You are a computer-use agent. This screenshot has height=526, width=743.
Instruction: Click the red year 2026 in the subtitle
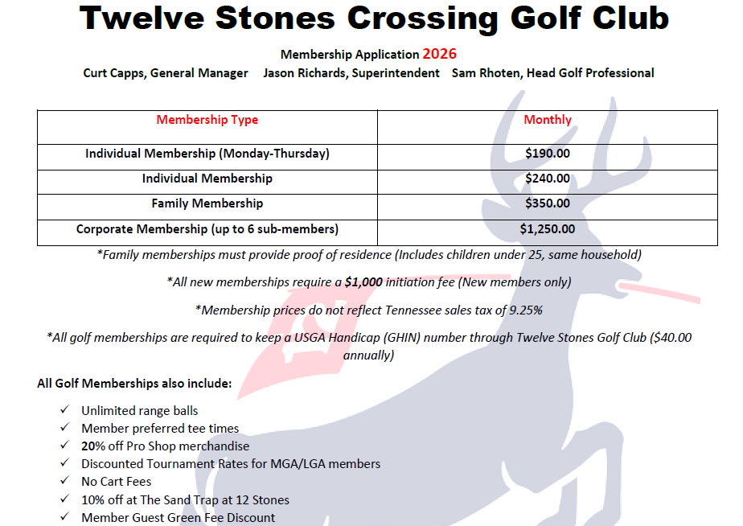(x=439, y=55)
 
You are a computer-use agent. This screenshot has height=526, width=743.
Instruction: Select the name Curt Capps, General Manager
(x=166, y=73)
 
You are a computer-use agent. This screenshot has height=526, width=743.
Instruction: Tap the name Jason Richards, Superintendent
(x=351, y=73)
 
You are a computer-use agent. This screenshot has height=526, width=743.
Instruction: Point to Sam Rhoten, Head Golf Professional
(x=552, y=73)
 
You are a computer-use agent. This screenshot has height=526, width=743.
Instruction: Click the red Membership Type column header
(x=207, y=120)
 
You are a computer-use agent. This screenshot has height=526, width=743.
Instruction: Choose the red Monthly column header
(x=548, y=120)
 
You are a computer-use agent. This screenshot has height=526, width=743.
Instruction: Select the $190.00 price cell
(x=548, y=154)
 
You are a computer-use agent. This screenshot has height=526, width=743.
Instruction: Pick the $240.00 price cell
(x=548, y=179)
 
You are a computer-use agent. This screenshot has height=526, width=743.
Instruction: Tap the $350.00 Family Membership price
(x=548, y=203)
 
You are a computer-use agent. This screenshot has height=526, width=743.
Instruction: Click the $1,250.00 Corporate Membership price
(x=548, y=229)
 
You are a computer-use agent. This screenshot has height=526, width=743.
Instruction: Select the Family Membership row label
(x=207, y=203)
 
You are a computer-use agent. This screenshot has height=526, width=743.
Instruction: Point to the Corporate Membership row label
(x=207, y=229)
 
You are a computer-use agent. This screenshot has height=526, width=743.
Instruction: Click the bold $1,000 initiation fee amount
(x=363, y=282)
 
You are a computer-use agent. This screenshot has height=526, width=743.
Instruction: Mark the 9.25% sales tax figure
(x=524, y=310)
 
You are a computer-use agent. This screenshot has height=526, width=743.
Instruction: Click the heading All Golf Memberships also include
(x=134, y=384)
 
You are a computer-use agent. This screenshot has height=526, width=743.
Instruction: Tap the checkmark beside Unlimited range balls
(x=64, y=411)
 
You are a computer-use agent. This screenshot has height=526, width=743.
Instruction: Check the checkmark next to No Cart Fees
(x=64, y=482)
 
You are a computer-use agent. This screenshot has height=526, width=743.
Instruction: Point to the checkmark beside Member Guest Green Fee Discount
(x=64, y=517)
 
